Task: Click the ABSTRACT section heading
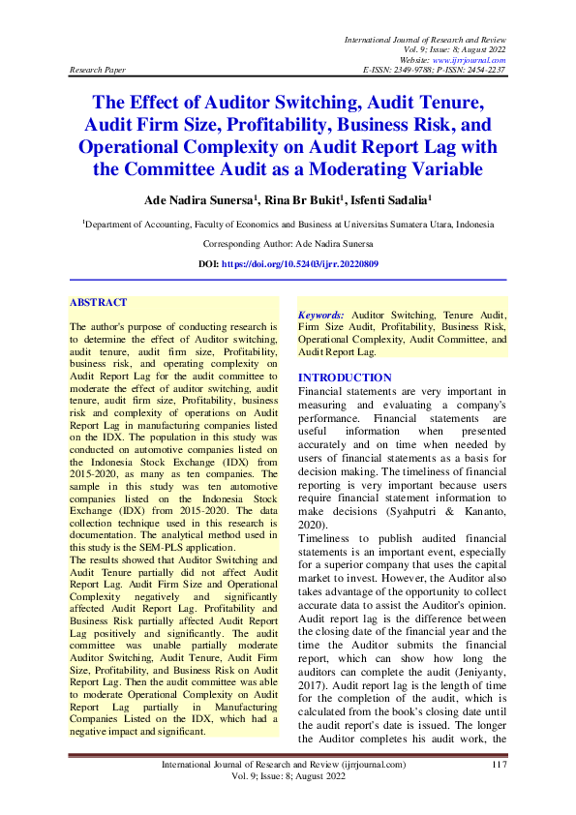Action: point(98,303)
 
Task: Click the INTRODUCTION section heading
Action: point(345,377)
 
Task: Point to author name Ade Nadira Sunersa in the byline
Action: point(197,199)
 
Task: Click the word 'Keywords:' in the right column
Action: point(320,316)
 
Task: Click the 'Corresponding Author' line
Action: point(288,246)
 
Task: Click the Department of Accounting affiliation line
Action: point(288,223)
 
